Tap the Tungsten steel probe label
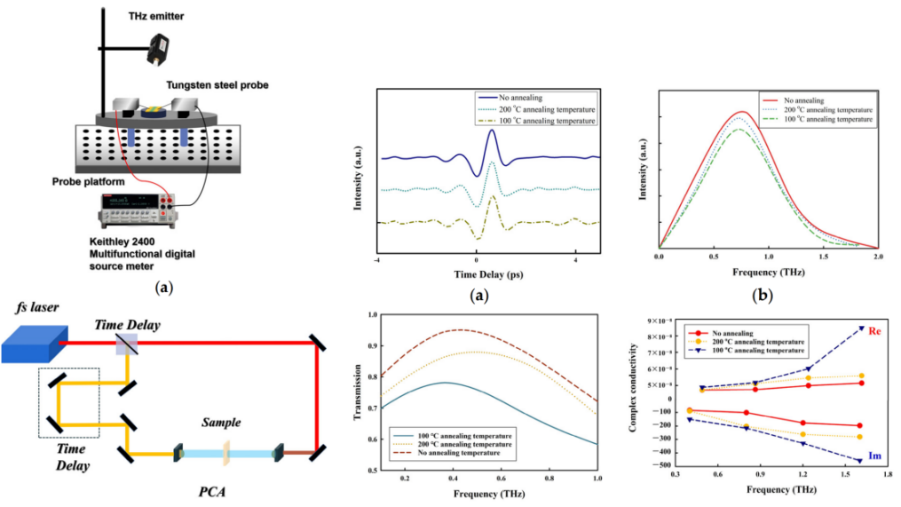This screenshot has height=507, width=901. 217,85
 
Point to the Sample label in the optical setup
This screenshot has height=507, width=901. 223,424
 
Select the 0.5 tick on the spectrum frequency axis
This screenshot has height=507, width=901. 714,256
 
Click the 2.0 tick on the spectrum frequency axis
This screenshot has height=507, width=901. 877,256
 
